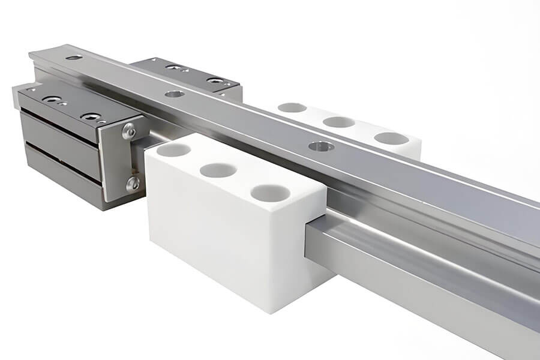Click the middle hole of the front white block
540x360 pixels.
tap(218, 170)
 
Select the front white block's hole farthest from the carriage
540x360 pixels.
tap(270, 193)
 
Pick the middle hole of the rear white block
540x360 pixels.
tap(339, 122)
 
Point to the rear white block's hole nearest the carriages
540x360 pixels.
tap(292, 107)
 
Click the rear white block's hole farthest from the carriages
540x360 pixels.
tap(391, 139)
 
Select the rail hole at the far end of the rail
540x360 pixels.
tap(74, 58)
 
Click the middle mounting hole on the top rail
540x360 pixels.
tap(175, 94)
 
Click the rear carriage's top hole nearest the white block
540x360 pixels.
tap(215, 80)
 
